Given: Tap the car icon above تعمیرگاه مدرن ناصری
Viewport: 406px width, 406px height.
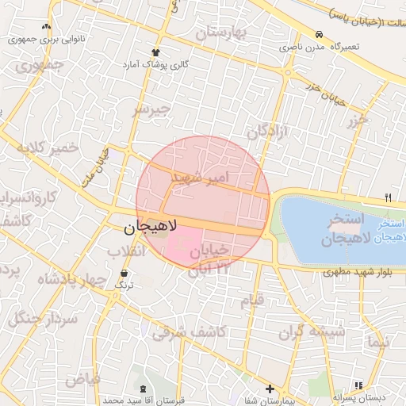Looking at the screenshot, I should [318, 36].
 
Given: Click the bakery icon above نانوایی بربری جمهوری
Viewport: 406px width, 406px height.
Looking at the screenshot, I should [48, 26].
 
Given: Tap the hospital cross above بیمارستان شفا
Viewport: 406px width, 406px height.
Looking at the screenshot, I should [270, 389].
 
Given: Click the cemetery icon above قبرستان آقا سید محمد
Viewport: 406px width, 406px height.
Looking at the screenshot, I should [143, 389].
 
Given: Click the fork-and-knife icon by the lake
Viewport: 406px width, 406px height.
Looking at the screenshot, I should [388, 197].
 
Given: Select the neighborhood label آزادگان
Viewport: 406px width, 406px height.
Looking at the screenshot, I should [271, 130].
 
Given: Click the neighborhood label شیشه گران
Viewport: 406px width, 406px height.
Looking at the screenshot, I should [312, 333].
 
